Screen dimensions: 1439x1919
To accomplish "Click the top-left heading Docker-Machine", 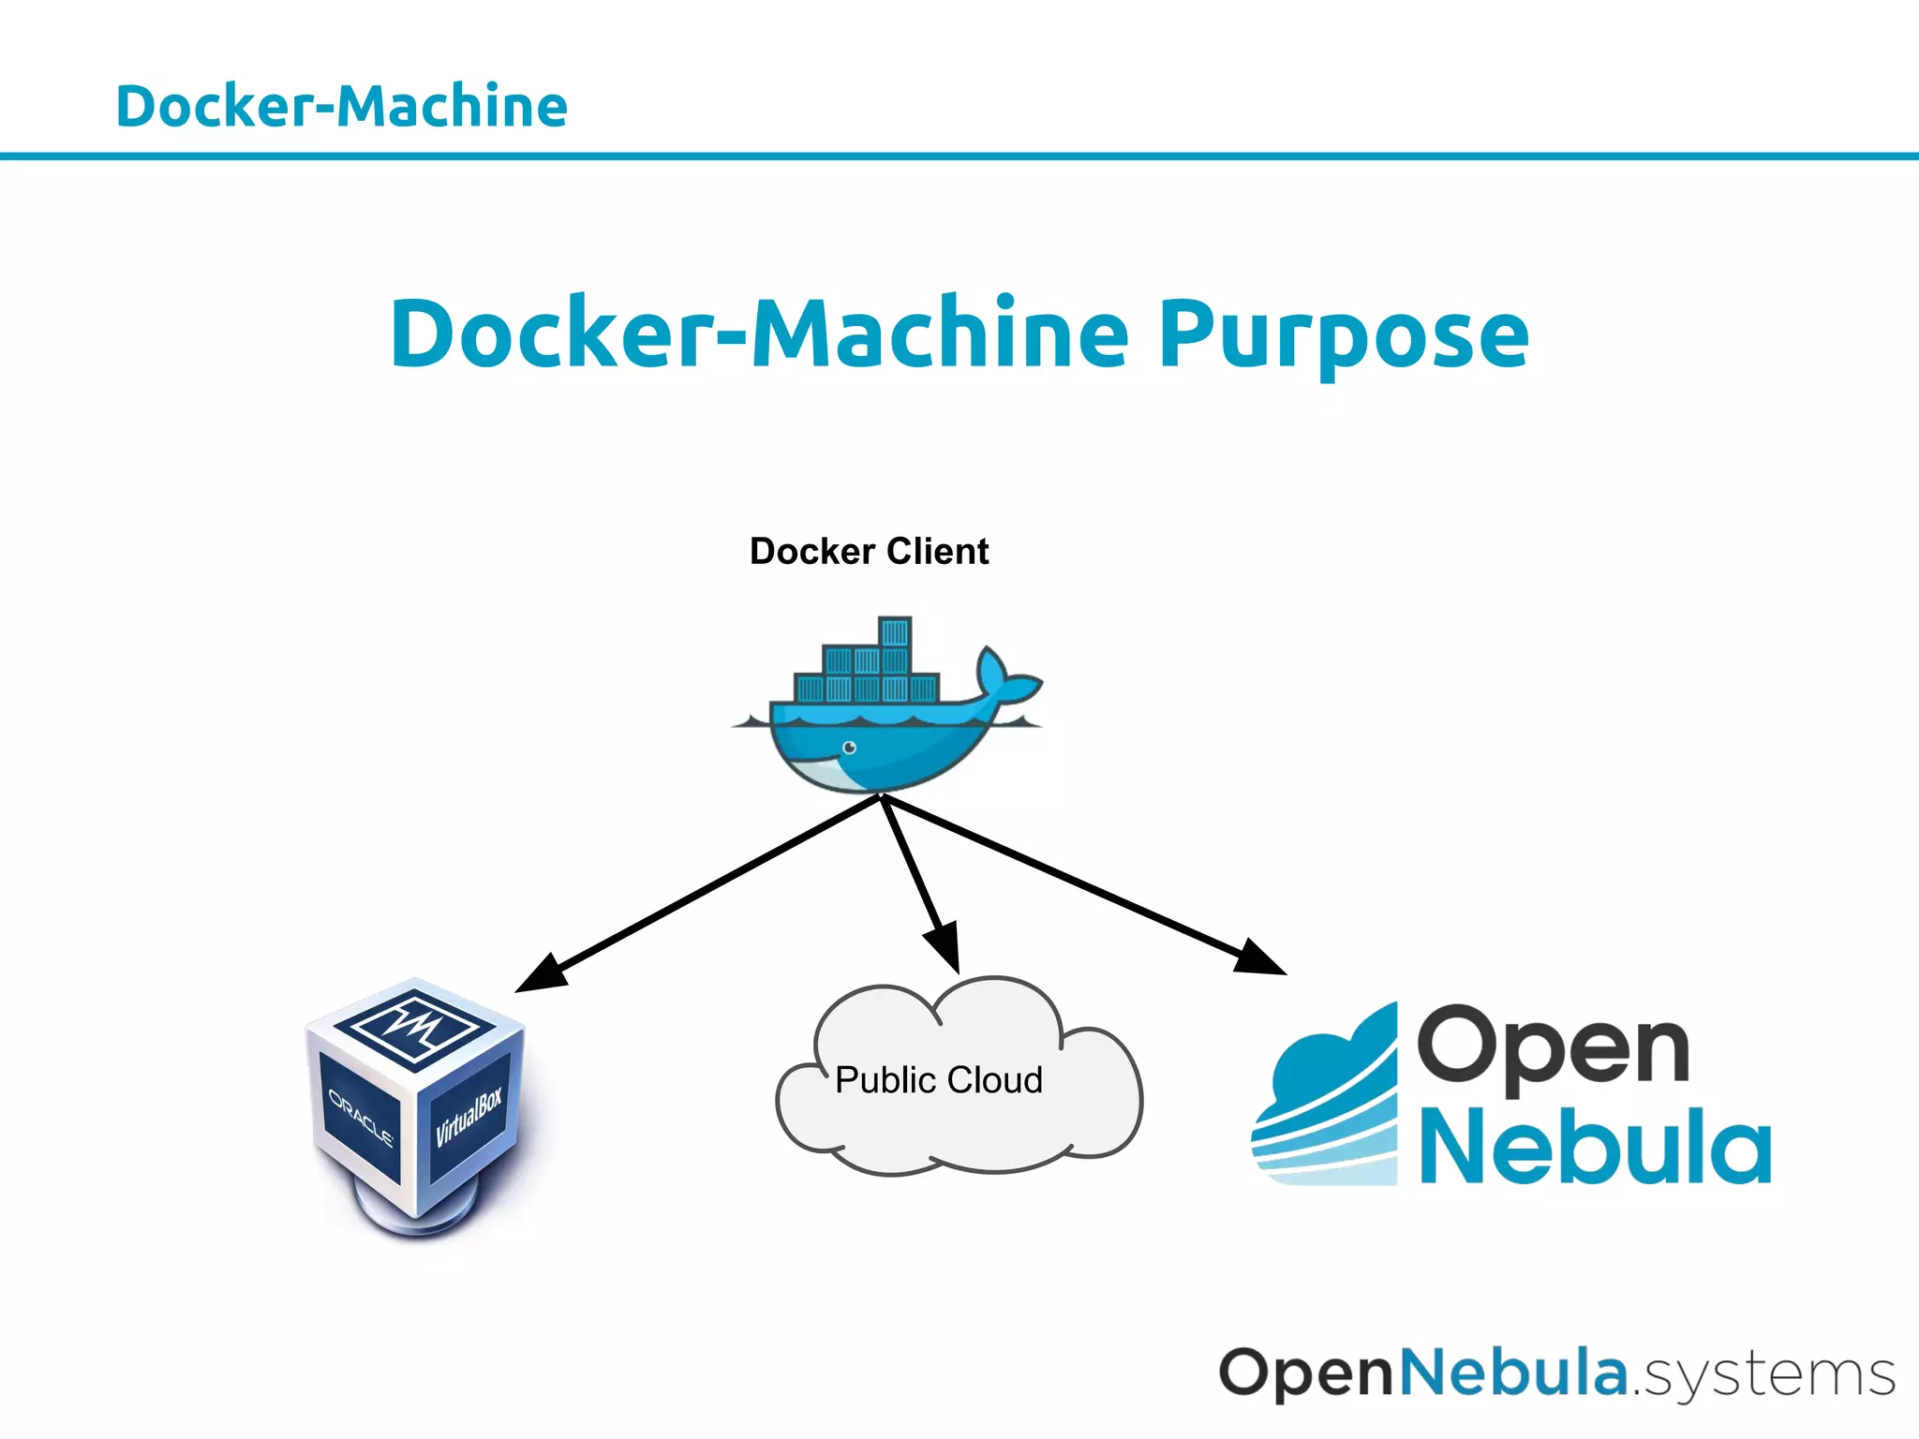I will tap(341, 106).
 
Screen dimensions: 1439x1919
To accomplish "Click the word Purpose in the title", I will tap(1343, 334).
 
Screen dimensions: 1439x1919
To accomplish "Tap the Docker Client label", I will tap(869, 551).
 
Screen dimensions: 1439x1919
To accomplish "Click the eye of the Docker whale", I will tap(849, 747).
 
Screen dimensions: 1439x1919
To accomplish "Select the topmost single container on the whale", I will tap(895, 631).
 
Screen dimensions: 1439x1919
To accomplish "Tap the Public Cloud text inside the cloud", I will tap(938, 1080).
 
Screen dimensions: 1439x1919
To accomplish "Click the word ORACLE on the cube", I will tap(360, 1118).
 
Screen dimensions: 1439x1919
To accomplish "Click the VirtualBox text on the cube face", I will tap(469, 1117).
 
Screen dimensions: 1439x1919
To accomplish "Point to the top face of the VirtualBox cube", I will tap(414, 1025).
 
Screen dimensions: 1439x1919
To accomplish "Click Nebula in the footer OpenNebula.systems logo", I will tap(1512, 1372).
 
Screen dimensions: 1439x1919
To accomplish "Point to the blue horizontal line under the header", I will tap(959, 156).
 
